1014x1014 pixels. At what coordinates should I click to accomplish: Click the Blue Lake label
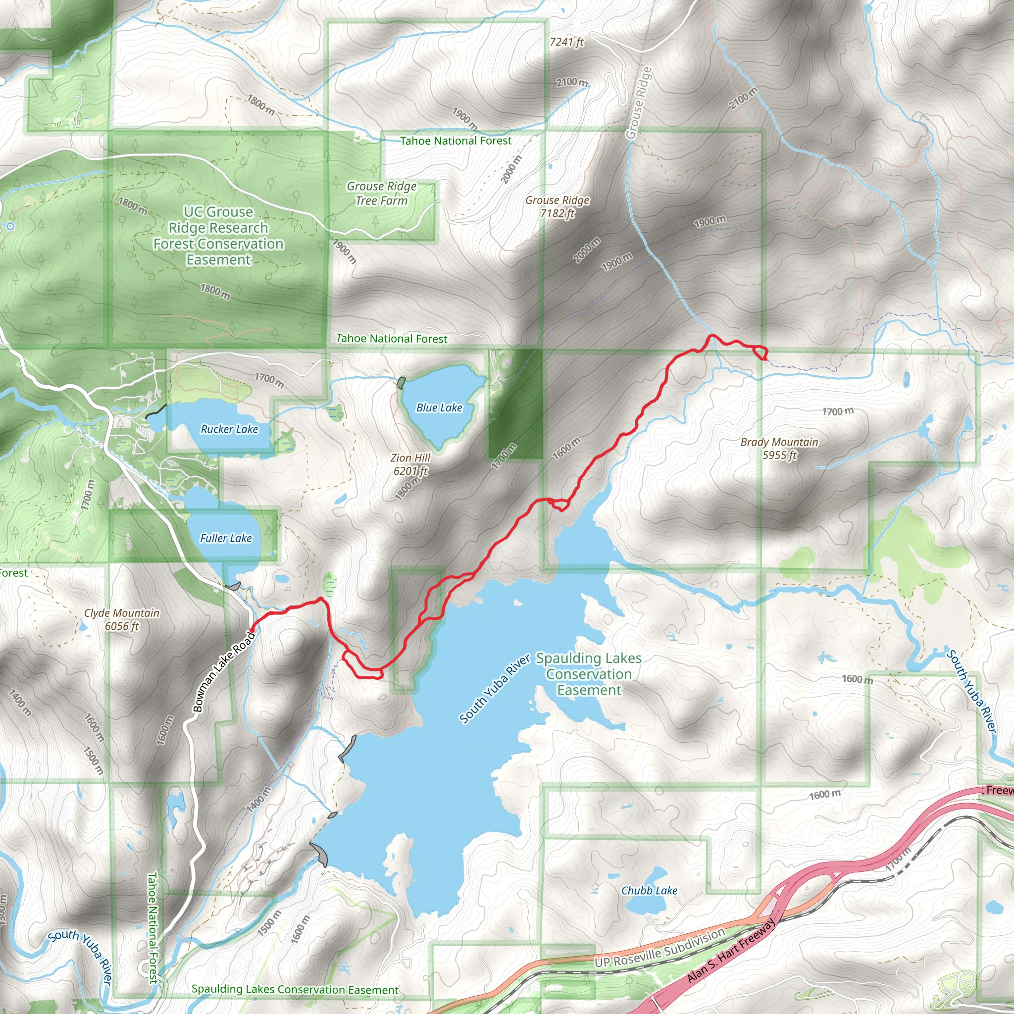[x=439, y=408]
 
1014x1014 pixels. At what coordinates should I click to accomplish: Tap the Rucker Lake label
[x=229, y=429]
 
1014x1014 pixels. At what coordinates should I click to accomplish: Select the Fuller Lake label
[x=226, y=539]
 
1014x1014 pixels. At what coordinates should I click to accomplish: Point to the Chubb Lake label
[x=649, y=891]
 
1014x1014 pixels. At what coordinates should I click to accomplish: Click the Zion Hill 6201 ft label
[x=410, y=464]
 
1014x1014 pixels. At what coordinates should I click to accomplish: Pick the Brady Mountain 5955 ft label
[x=779, y=449]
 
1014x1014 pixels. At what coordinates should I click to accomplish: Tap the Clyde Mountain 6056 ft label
[x=122, y=619]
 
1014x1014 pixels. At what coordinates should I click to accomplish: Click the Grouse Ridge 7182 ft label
[x=557, y=207]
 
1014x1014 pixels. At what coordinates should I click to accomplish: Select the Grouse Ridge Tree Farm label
[x=382, y=194]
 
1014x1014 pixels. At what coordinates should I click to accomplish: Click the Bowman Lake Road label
[x=224, y=672]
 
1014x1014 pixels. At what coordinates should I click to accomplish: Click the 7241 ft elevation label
[x=566, y=42]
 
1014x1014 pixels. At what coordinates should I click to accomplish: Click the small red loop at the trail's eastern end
[x=760, y=352]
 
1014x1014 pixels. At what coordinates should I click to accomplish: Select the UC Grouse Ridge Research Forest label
[x=218, y=236]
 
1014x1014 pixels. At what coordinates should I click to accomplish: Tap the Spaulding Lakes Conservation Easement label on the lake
[x=588, y=674]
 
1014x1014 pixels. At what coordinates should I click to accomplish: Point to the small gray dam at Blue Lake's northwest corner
[x=402, y=383]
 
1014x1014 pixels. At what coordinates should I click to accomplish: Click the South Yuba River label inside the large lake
[x=495, y=689]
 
